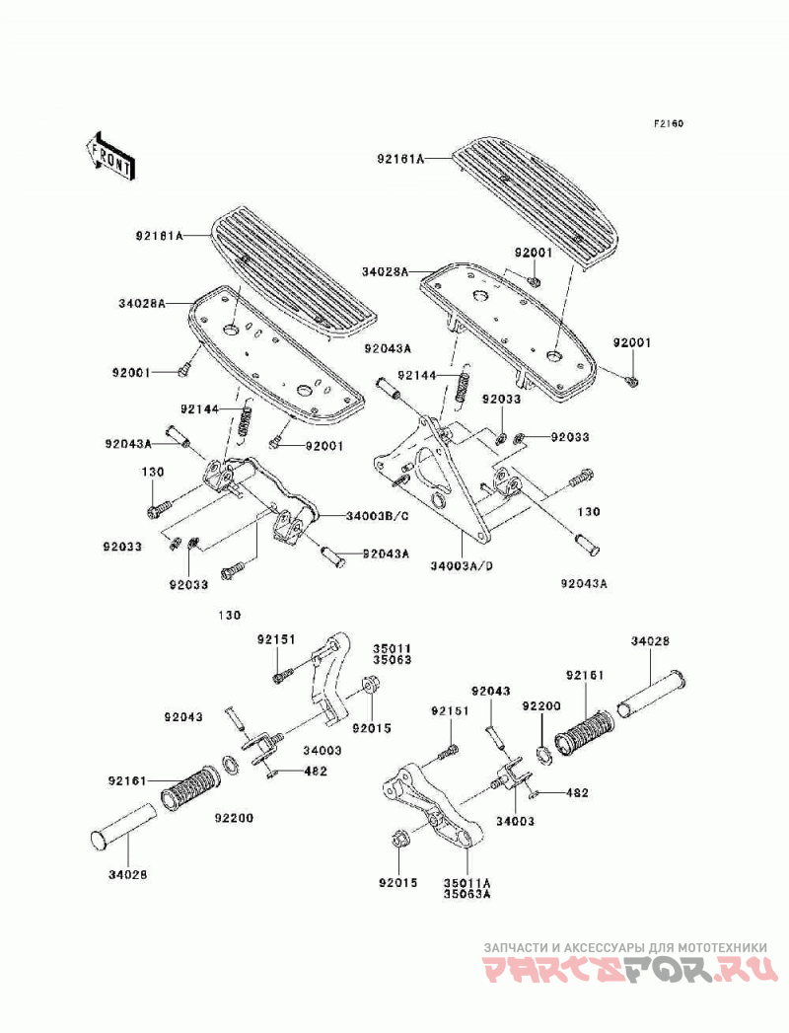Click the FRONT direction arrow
[110, 156]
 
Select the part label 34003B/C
[378, 516]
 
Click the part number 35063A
[467, 894]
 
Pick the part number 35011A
[467, 883]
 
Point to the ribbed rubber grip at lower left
[190, 786]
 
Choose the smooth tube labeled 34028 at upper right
[651, 694]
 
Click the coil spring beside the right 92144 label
[464, 386]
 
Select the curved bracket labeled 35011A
[434, 808]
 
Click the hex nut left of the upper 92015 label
[369, 686]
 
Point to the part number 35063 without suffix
[392, 659]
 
